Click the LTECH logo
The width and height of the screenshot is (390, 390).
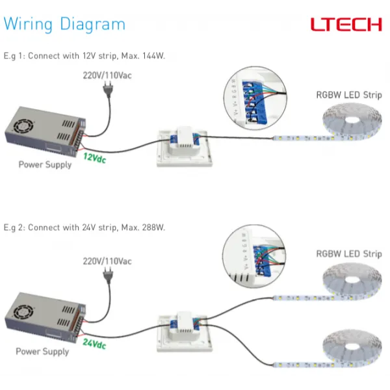tap(346, 25)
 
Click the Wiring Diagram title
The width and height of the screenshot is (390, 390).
tap(64, 25)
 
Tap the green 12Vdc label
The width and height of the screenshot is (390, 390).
tap(94, 157)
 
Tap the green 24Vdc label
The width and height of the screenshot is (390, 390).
tap(94, 344)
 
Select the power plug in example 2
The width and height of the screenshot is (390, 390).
tap(105, 278)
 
